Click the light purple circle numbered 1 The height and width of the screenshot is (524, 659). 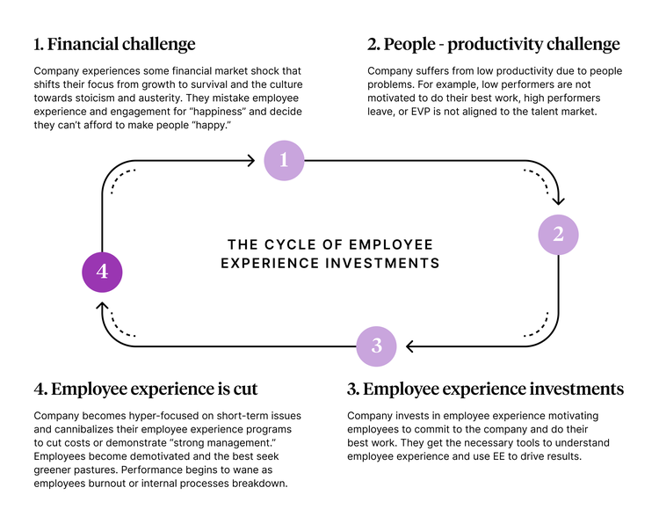coord(284,160)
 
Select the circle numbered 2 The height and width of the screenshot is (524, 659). coord(558,235)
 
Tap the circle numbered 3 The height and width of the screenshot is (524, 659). coord(376,346)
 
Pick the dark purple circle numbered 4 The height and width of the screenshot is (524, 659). coord(102,272)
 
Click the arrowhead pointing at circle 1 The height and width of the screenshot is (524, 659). coord(251,160)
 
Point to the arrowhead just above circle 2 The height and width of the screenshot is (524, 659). coord(558,201)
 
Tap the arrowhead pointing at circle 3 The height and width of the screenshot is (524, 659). coord(410,346)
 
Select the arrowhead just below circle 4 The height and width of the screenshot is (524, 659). coord(102,306)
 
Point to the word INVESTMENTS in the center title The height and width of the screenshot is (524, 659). coord(382,263)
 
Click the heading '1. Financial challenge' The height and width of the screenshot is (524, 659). coord(115,44)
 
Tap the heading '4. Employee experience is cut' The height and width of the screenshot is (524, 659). coord(145,389)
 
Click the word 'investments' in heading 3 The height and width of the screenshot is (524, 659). coord(576,389)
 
